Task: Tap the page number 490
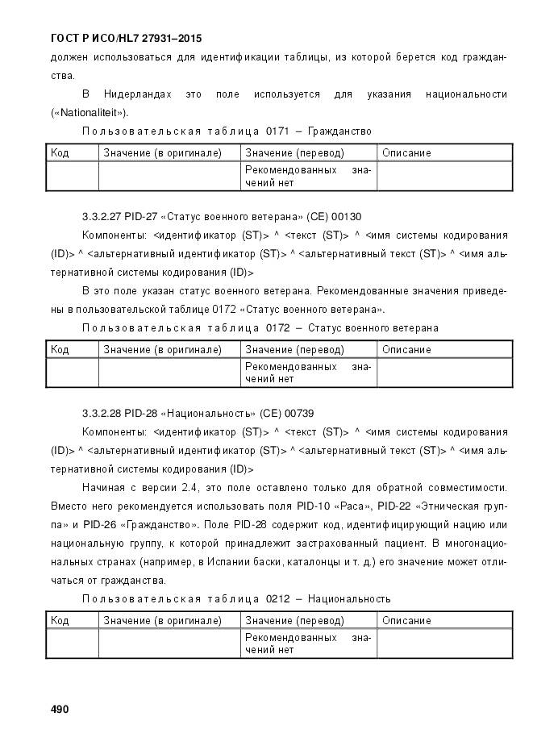[x=60, y=709]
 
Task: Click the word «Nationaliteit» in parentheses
[x=88, y=113]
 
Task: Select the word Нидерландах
[x=144, y=94]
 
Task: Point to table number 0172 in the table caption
[x=271, y=328]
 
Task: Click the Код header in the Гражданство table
[x=60, y=153]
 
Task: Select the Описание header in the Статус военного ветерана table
[x=406, y=350]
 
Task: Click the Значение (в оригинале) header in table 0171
[x=162, y=153]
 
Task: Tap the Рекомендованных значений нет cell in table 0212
[x=308, y=644]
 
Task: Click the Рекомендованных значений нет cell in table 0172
[x=308, y=373]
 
